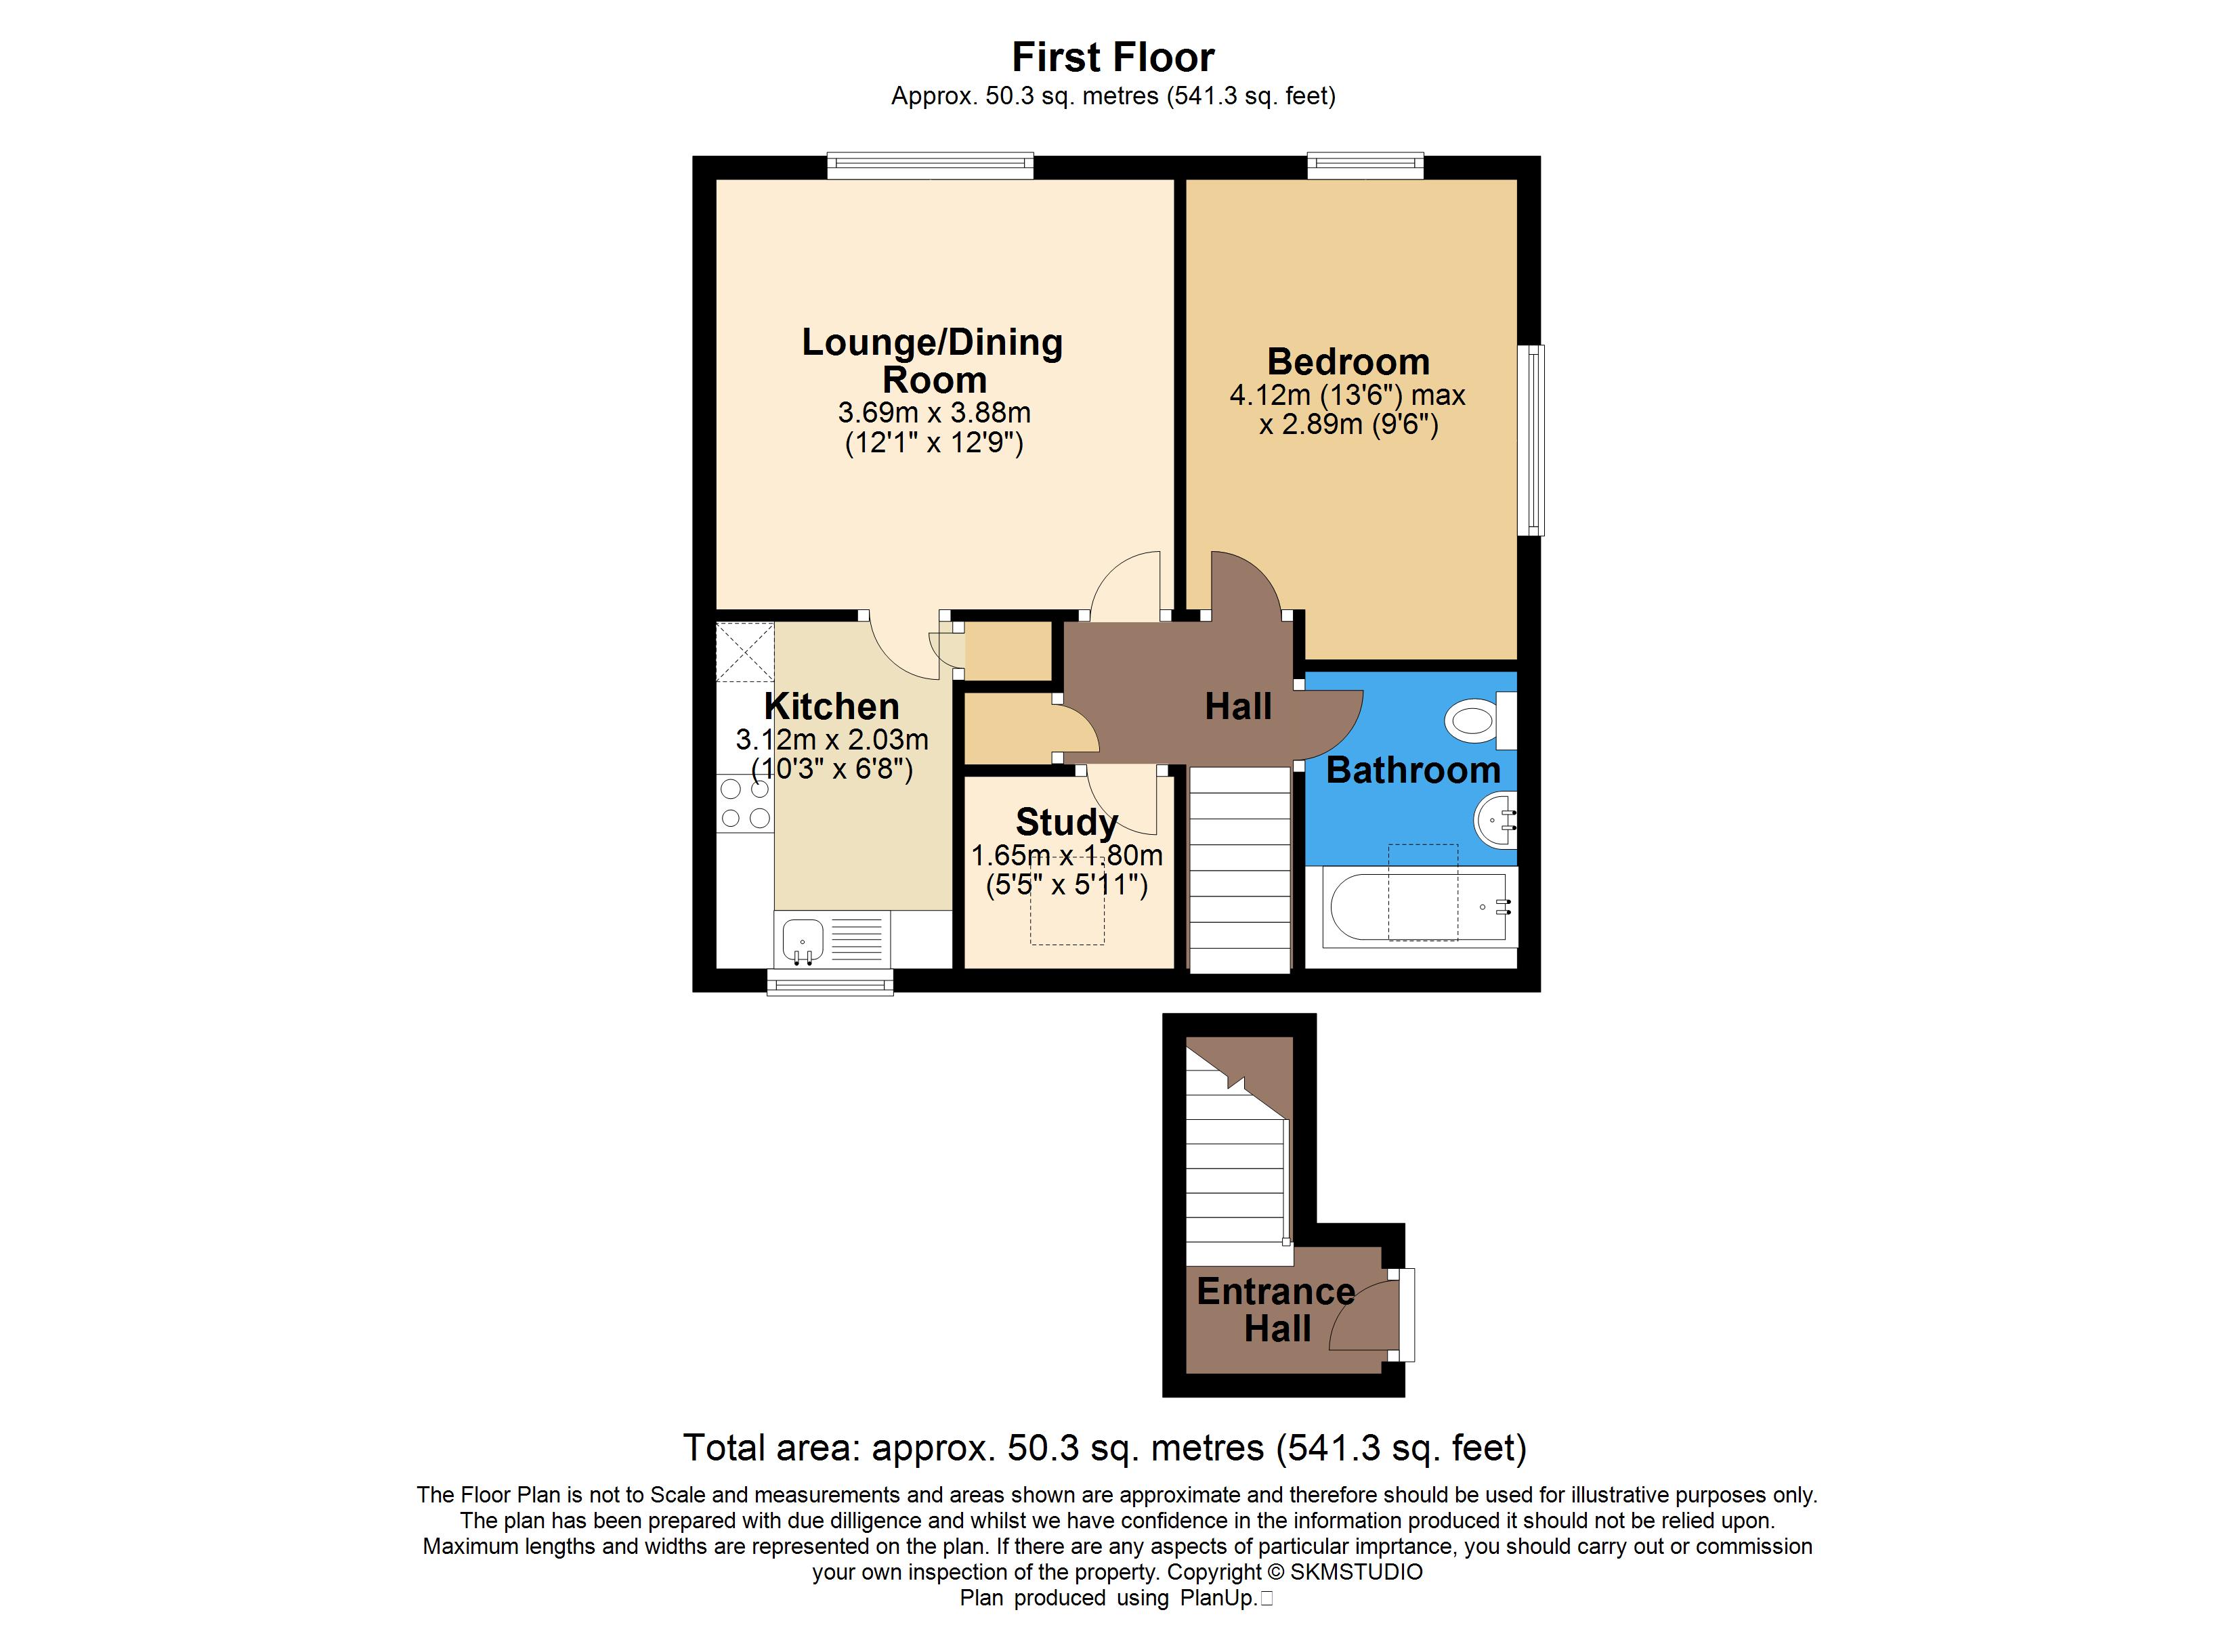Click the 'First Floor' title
[1113, 57]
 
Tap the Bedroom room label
[1348, 362]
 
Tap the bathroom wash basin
[1496, 819]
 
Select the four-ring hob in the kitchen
[745, 803]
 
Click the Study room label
[1066, 822]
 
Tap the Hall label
[1238, 707]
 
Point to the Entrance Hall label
[1276, 1309]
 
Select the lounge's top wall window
[931, 166]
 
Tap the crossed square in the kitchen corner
[745, 651]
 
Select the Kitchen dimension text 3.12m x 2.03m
[832, 739]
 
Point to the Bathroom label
[1413, 770]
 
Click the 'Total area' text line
[1105, 1448]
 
